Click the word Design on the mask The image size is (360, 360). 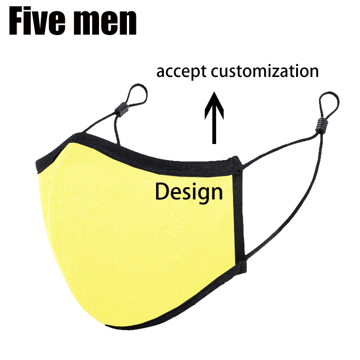(189, 192)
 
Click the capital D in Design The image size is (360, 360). (162, 192)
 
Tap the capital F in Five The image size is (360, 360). (18, 21)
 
